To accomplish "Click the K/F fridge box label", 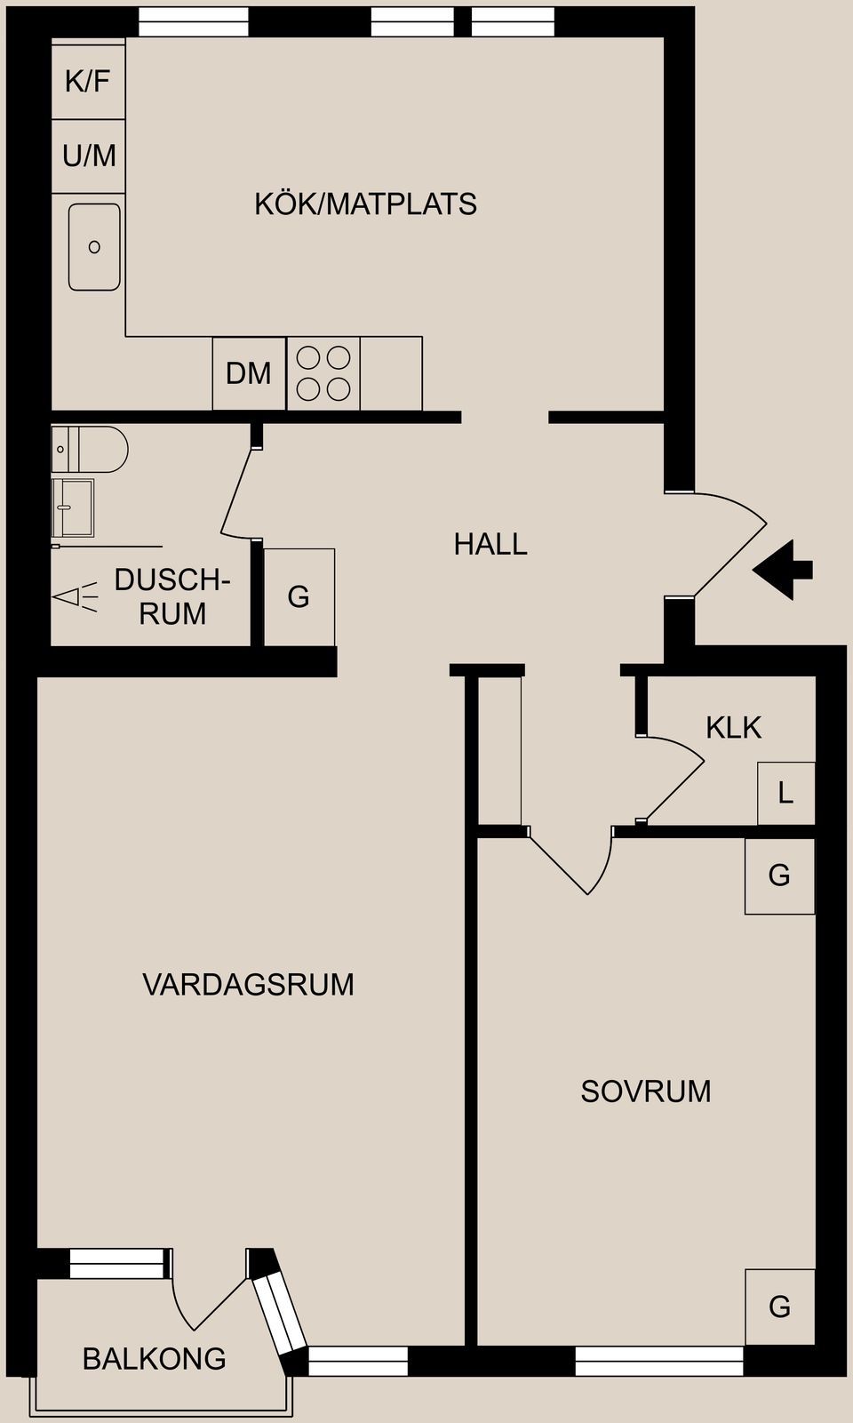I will coord(88,82).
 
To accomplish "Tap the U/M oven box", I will coord(89,156).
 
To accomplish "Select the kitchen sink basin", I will coord(94,246).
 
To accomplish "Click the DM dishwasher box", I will coord(249,373).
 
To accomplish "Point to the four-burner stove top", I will coord(323,373).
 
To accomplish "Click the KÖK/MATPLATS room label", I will coord(365,204).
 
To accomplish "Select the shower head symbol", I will coord(75,596).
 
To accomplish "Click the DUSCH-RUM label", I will coord(172,596).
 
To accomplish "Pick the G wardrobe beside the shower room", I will coord(299,596).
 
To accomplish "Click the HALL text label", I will coord(490,544).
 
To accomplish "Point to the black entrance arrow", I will coord(782,570).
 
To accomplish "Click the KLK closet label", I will coord(733,727).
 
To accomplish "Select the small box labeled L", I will coord(785,793).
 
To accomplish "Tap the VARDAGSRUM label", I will coord(248,985).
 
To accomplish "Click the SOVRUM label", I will coord(646,1091).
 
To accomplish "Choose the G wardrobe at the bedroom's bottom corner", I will coord(779,1306).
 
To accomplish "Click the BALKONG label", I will coord(154,1359).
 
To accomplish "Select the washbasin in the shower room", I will coord(72,508).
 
